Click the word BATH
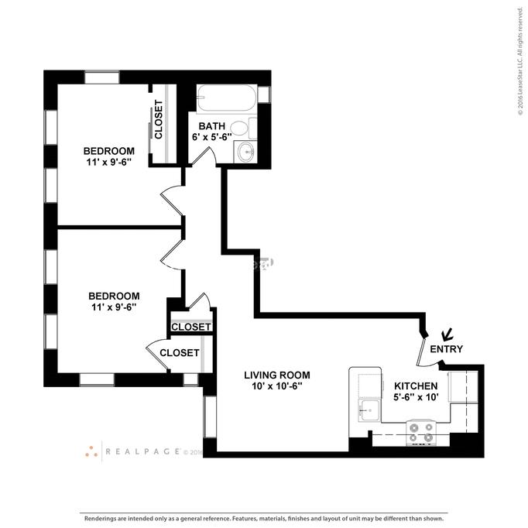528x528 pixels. coord(211,126)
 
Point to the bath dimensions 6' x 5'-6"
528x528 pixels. coord(212,137)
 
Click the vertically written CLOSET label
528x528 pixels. coord(159,122)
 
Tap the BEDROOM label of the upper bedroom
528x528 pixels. coord(108,150)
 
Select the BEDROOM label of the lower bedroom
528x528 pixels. coord(113,296)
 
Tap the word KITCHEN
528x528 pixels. coord(416,386)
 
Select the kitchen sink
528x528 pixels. coord(368,410)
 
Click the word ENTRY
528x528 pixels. coord(446,349)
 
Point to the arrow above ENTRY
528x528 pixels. coord(447,335)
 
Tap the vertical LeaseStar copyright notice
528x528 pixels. coord(521,62)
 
